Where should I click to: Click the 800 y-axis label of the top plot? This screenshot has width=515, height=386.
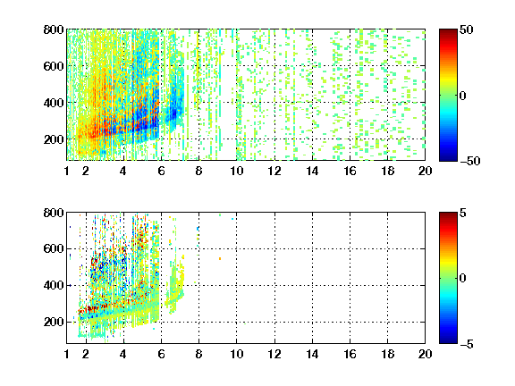click(x=54, y=29)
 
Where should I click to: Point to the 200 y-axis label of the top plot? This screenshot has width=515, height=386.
click(x=54, y=139)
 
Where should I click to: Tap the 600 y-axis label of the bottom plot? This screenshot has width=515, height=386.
click(x=54, y=248)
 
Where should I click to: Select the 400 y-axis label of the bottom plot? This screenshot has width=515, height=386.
click(x=54, y=285)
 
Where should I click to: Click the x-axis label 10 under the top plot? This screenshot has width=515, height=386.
click(x=236, y=171)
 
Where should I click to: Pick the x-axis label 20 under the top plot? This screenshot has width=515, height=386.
click(x=425, y=171)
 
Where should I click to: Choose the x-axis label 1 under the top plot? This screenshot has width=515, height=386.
click(x=67, y=171)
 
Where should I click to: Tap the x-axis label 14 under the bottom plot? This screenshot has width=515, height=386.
click(x=312, y=354)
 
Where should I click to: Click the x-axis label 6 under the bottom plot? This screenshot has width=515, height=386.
click(x=161, y=354)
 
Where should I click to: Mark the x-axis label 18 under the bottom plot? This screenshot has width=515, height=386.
click(x=387, y=354)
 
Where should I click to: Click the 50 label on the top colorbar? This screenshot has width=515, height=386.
click(x=466, y=30)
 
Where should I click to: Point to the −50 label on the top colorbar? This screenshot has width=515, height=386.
click(x=469, y=161)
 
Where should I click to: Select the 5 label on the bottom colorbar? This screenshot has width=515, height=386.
click(x=463, y=213)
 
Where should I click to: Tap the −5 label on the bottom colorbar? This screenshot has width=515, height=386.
click(x=467, y=344)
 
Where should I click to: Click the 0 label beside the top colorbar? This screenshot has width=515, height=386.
click(x=463, y=96)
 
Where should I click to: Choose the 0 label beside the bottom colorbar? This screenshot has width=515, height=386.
click(x=463, y=279)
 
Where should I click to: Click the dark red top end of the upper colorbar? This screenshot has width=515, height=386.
click(x=448, y=31)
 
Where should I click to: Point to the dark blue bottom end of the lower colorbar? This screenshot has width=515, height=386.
click(x=448, y=341)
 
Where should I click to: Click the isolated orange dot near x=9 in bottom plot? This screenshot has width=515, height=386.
click(x=220, y=258)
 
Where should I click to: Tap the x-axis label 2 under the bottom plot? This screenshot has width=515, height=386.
click(x=86, y=354)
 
